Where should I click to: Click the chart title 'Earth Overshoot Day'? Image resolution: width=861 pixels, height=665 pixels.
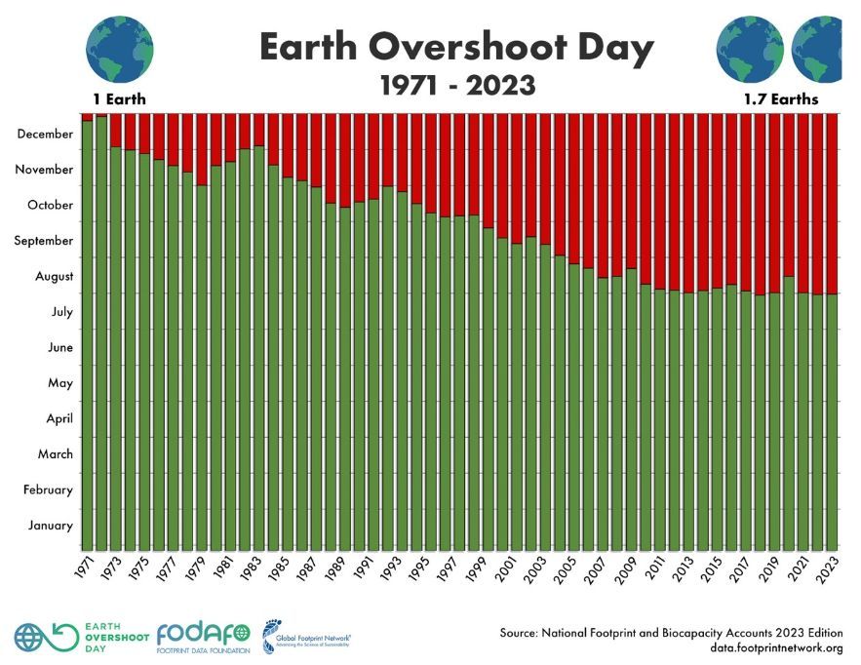(x=456, y=47)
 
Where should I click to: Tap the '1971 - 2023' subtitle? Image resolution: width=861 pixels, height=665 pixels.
(x=457, y=86)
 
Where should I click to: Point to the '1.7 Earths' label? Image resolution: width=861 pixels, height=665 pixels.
(x=781, y=99)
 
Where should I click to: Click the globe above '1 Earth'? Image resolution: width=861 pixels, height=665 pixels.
(x=114, y=45)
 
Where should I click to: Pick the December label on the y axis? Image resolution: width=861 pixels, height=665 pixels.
(x=45, y=134)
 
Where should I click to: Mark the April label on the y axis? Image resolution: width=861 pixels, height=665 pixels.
(x=53, y=418)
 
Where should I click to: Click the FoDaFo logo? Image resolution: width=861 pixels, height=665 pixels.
(x=203, y=635)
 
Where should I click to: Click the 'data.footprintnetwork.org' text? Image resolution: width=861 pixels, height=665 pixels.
(x=776, y=648)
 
